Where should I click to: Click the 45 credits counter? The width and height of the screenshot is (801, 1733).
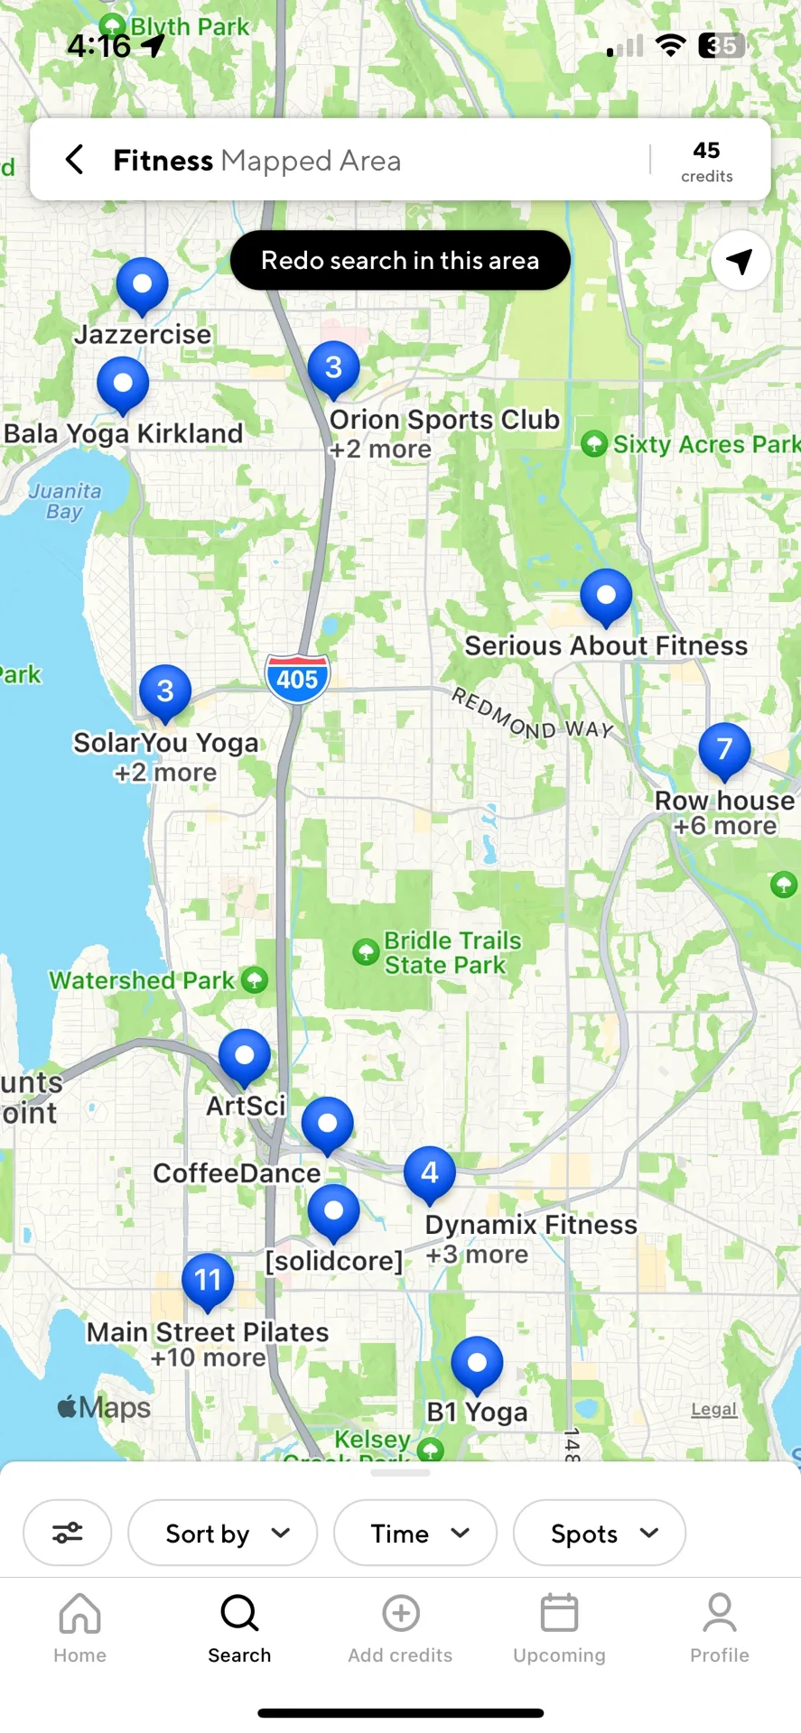click(706, 161)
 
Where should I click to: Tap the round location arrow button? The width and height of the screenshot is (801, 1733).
click(740, 261)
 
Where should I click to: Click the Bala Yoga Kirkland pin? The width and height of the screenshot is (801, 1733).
click(123, 384)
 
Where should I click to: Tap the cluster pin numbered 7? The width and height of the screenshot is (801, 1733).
click(724, 750)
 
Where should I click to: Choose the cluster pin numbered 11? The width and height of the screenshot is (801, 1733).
click(208, 1280)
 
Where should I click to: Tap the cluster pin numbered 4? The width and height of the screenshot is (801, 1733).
click(429, 1173)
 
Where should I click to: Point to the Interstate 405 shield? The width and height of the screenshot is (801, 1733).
click(297, 678)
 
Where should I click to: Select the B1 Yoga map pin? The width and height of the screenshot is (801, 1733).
click(477, 1363)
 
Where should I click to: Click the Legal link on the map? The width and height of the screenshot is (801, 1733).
click(713, 1409)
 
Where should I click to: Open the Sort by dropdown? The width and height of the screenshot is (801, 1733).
click(223, 1534)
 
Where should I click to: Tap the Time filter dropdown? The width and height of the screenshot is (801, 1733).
click(415, 1534)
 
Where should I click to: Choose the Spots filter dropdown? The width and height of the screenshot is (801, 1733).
click(599, 1534)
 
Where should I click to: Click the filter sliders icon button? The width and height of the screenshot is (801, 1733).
click(68, 1534)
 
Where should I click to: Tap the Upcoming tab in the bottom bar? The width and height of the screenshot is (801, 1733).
click(559, 1628)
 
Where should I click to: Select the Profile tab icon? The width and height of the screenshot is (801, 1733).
click(720, 1614)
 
